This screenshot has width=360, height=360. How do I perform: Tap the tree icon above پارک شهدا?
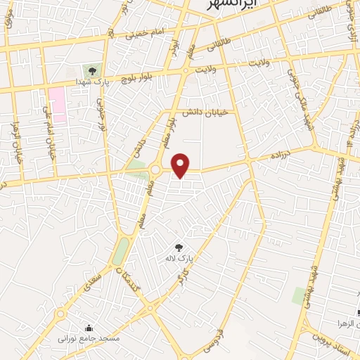pos(92,70)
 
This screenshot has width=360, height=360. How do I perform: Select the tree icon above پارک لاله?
pos(178,247)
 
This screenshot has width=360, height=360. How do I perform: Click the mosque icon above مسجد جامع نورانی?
pos(89,327)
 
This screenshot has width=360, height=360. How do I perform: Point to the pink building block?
pos(57,106)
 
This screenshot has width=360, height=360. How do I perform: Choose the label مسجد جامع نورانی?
pos(90,338)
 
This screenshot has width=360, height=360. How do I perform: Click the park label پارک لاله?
pos(179,259)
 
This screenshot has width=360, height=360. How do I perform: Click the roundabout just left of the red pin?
pos(155,169)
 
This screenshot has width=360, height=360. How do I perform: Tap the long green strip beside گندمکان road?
pos(121,250)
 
